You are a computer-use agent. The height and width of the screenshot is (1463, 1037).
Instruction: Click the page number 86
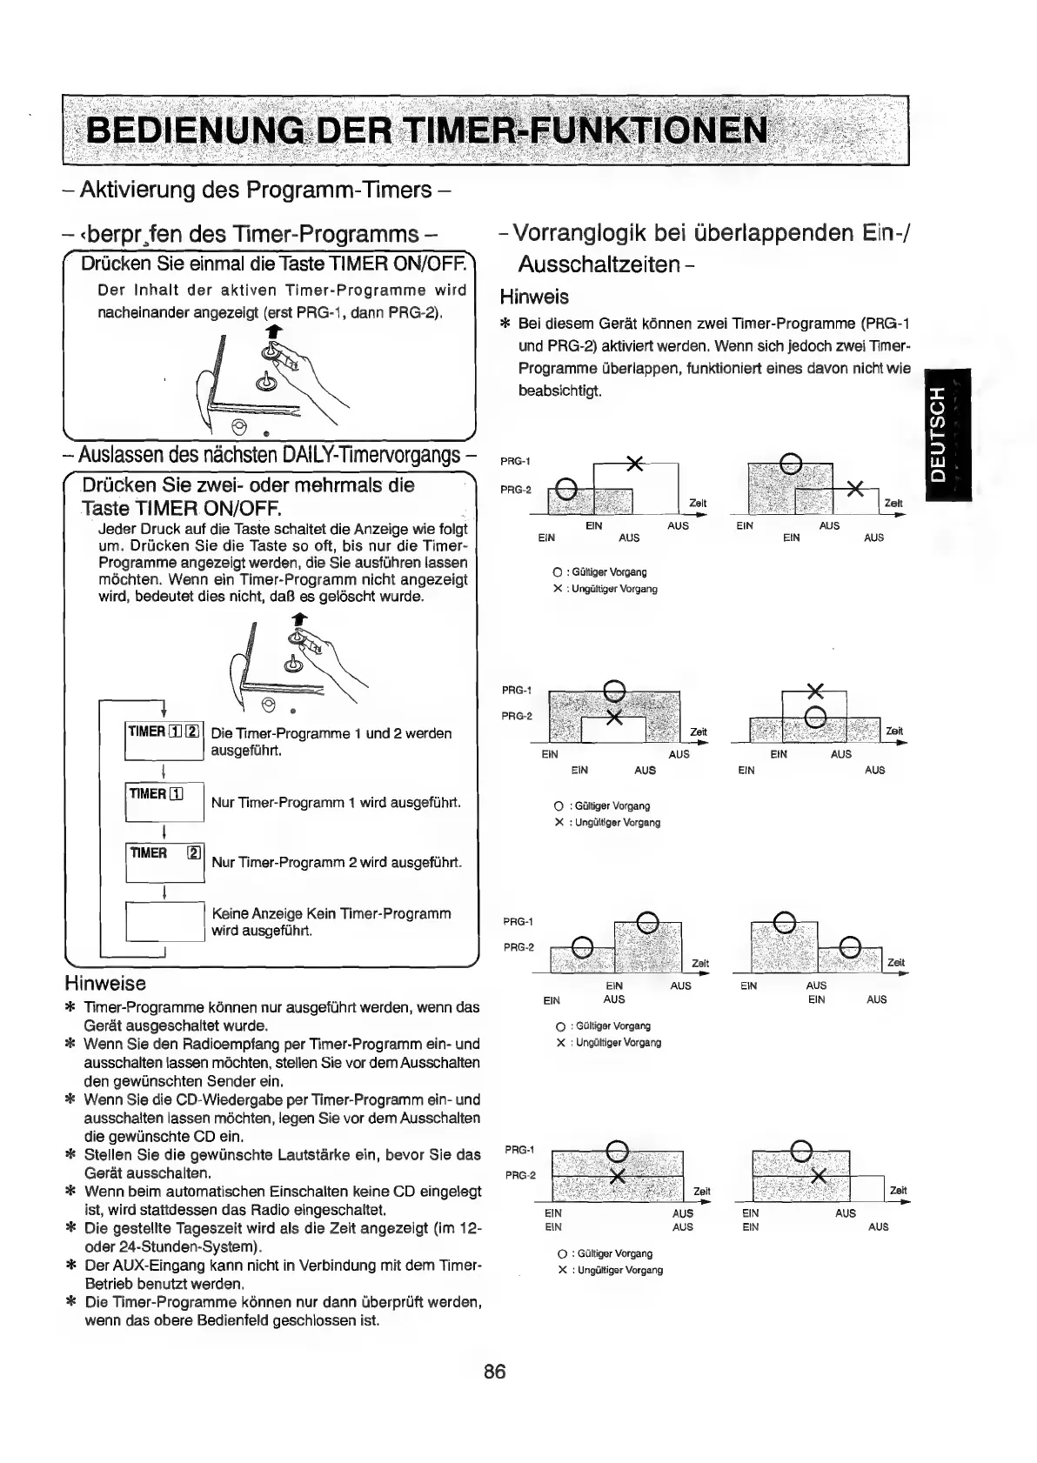tap(495, 1372)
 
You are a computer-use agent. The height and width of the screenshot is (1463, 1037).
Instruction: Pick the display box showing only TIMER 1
tap(164, 801)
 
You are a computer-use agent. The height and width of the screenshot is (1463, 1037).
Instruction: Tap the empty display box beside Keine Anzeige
tap(164, 922)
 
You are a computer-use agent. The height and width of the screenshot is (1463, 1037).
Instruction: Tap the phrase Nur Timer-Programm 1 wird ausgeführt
tap(336, 802)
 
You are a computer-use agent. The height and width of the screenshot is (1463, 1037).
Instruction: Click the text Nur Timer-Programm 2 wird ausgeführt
tap(336, 863)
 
